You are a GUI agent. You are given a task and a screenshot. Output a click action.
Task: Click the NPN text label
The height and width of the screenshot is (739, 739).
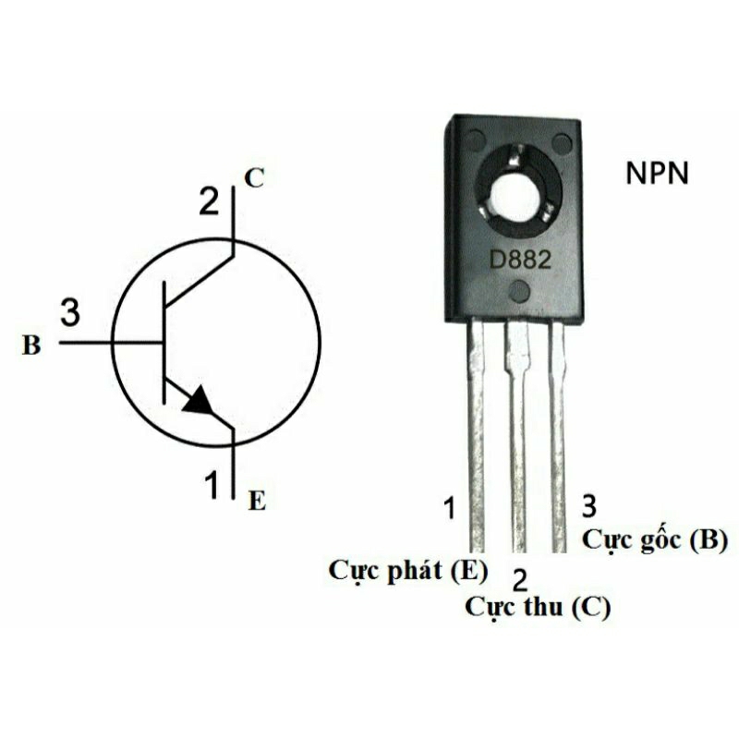656,175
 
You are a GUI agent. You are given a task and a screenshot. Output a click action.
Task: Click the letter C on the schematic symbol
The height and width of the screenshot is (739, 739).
254,179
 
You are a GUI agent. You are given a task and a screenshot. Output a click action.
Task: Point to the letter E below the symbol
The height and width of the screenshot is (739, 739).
257,502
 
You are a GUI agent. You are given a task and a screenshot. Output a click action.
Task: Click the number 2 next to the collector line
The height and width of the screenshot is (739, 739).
211,200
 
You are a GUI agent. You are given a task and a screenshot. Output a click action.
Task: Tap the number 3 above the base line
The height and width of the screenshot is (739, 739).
70,312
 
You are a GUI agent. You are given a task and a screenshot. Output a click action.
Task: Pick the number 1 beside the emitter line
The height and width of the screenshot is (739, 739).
212,482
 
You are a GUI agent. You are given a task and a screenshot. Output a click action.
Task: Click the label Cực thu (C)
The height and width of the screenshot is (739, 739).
538,607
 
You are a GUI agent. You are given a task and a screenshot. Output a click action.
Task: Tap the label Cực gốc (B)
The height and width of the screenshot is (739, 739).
655,540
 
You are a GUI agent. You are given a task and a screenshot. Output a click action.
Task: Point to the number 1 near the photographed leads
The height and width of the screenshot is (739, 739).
450,508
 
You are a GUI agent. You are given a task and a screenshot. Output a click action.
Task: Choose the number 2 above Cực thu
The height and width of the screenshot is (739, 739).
520,580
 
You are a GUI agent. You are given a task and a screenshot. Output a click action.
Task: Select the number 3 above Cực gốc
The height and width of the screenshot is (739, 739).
589,505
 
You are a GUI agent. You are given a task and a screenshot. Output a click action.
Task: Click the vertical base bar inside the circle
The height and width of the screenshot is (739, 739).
164,343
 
